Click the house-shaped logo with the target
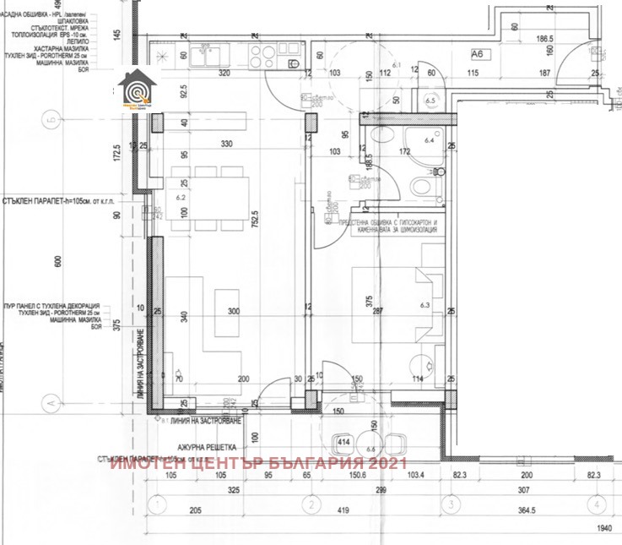(134, 90)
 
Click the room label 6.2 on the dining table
(180, 197)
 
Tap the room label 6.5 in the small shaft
(430, 101)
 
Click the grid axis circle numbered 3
(453, 505)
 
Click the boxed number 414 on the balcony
(344, 442)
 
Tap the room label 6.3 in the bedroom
(425, 305)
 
